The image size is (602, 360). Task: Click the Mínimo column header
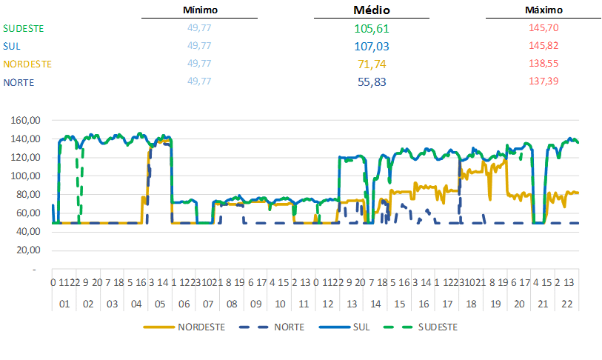click(x=200, y=10)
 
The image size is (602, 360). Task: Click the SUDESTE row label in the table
click(x=24, y=28)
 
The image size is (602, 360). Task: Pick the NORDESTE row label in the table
click(x=27, y=64)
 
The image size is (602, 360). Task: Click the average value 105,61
click(x=372, y=29)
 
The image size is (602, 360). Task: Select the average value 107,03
click(x=372, y=46)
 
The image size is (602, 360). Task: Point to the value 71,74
click(x=372, y=64)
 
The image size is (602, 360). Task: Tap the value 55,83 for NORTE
click(x=372, y=81)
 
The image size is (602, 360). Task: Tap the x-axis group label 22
click(x=566, y=304)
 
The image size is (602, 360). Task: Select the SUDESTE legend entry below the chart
click(x=438, y=327)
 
